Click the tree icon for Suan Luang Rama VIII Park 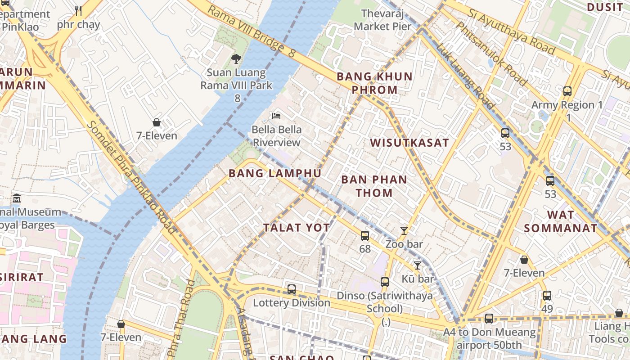pyautogui.click(x=236, y=58)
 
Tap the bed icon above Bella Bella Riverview pyautogui.click(x=276, y=116)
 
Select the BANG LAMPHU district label pyautogui.click(x=275, y=173)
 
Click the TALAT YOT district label pyautogui.click(x=297, y=228)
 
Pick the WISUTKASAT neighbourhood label pyautogui.click(x=409, y=143)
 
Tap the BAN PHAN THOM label pyautogui.click(x=374, y=186)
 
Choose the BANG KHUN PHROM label pyautogui.click(x=374, y=83)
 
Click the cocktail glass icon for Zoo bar pyautogui.click(x=404, y=231)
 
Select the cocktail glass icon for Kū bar pyautogui.click(x=417, y=265)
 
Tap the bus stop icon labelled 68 pyautogui.click(x=364, y=235)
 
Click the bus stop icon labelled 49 pyautogui.click(x=547, y=296)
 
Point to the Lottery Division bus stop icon pyautogui.click(x=292, y=289)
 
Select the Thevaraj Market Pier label pyautogui.click(x=382, y=20)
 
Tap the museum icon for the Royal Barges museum pyautogui.click(x=17, y=198)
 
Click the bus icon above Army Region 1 pyautogui.click(x=567, y=91)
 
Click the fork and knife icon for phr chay pyautogui.click(x=78, y=10)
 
